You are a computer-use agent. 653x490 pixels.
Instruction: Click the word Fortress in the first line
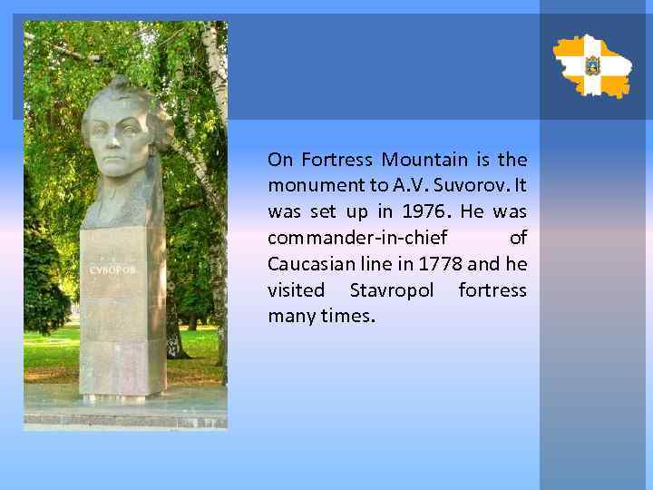pos(336,160)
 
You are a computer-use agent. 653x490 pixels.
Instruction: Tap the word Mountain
pos(424,160)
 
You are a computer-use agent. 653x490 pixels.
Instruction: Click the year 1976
pos(411,211)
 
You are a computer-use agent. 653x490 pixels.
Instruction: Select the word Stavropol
pos(392,290)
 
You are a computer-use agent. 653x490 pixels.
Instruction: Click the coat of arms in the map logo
pos(592,65)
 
